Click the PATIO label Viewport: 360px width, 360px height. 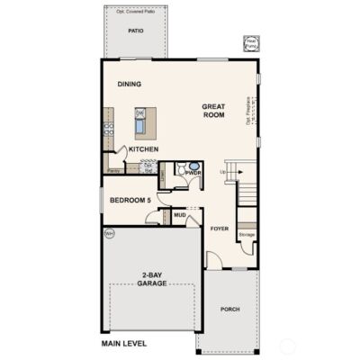click(136, 31)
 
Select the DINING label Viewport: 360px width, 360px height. click(130, 85)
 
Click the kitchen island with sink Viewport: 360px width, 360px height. click(145, 121)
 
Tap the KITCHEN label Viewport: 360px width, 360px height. click(144, 149)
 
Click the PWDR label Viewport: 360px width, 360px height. click(193, 172)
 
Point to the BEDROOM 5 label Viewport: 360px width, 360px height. click(130, 200)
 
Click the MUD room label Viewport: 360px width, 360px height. click(179, 216)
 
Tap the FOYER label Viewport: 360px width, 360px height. click(220, 229)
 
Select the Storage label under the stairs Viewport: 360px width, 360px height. click(247, 235)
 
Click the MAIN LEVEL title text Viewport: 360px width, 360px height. click(124, 343)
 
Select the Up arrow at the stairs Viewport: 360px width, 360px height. click(223, 170)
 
